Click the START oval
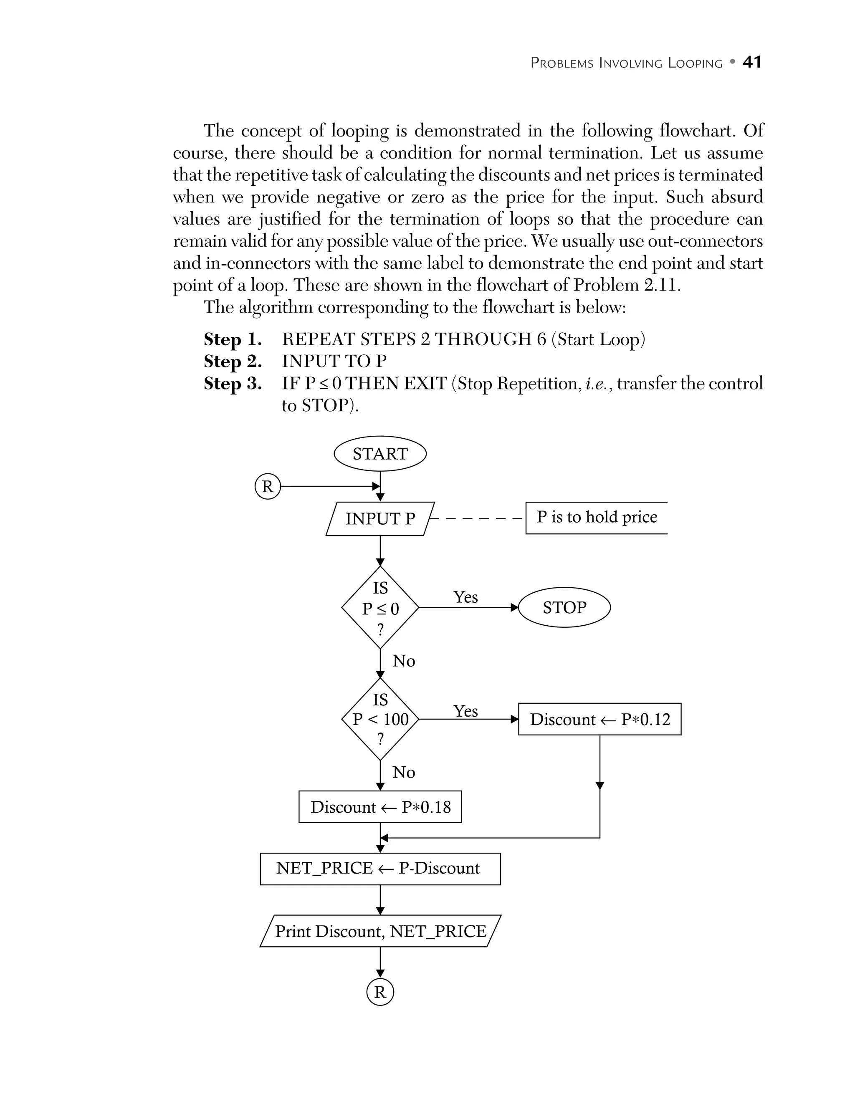coord(380,454)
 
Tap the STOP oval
coord(564,607)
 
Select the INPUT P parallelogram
coord(380,519)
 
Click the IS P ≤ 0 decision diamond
coord(380,608)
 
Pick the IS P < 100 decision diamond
coord(380,719)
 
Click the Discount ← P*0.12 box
coord(600,719)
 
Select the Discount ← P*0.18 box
coord(380,807)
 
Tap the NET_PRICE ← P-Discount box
coord(380,868)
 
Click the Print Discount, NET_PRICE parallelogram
coord(380,932)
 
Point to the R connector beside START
coord(267,487)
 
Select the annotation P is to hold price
coord(596,517)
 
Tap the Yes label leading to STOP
coord(465,597)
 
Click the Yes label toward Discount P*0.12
coord(465,710)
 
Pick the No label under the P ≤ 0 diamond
coord(404,661)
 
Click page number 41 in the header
coord(752,62)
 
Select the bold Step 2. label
coord(233,361)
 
